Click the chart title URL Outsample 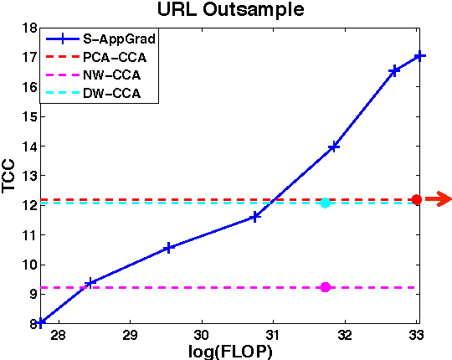tap(226, 11)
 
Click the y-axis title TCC tap(10, 177)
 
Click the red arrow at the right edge tap(438, 198)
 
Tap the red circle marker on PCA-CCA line tap(416, 199)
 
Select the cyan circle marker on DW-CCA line tap(325, 203)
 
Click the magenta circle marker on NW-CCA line tap(325, 287)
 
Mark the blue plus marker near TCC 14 tap(334, 147)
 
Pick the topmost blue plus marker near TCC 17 tap(420, 56)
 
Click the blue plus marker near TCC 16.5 tap(394, 70)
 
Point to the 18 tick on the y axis tap(29, 28)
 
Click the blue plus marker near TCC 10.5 tap(169, 248)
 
